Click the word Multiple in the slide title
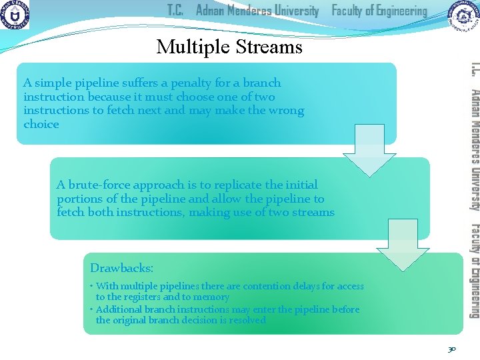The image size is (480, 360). coord(189,47)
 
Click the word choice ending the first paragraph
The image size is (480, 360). coord(41,125)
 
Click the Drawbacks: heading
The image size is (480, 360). coord(121,268)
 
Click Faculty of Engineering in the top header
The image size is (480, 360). coord(379,11)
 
